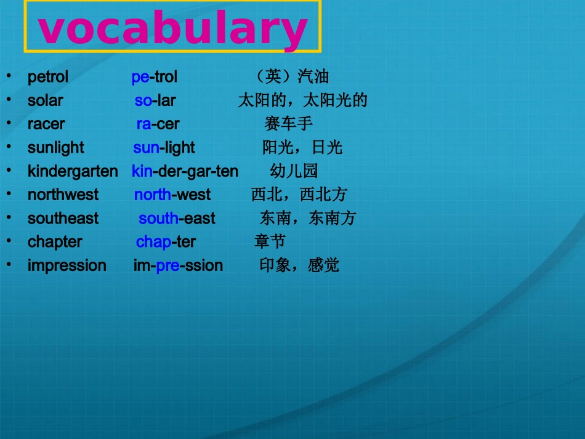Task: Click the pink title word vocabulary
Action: click(173, 29)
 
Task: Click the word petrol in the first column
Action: click(48, 77)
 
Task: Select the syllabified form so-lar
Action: click(155, 100)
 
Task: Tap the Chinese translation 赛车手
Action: click(288, 124)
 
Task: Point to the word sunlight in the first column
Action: click(56, 148)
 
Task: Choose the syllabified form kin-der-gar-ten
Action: click(185, 171)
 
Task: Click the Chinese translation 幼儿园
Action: click(294, 171)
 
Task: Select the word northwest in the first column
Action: click(63, 195)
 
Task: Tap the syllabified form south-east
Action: click(177, 219)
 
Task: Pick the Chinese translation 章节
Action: click(270, 241)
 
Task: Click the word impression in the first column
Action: click(67, 265)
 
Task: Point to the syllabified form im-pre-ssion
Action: click(178, 265)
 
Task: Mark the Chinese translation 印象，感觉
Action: click(299, 265)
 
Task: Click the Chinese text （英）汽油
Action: click(292, 77)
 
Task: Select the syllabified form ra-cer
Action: click(158, 124)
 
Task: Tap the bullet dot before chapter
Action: click(9, 240)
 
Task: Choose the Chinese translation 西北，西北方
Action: click(299, 195)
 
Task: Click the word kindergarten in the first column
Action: click(73, 171)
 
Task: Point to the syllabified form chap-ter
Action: click(166, 242)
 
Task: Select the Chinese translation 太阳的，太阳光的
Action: click(302, 100)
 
